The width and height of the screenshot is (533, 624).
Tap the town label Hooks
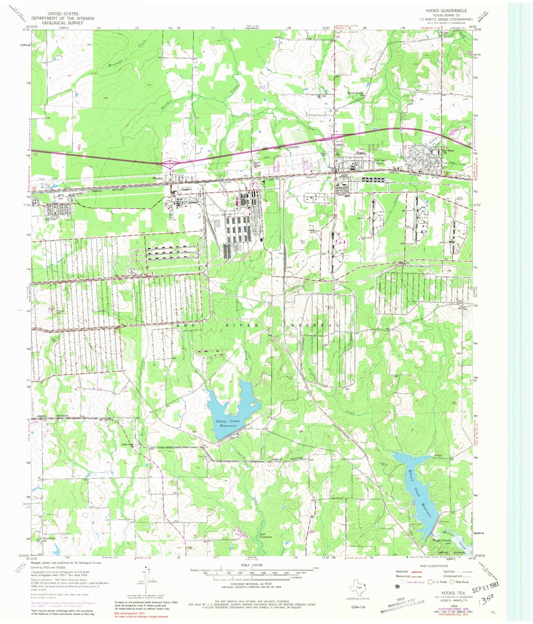click(x=361, y=153)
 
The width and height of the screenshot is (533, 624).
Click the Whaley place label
click(x=158, y=178)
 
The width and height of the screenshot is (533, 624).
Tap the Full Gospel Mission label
click(x=380, y=161)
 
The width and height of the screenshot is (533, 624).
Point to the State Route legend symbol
click(x=452, y=582)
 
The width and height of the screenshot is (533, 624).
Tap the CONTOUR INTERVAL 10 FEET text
click(x=252, y=584)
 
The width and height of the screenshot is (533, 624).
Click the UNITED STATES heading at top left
click(x=63, y=14)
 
